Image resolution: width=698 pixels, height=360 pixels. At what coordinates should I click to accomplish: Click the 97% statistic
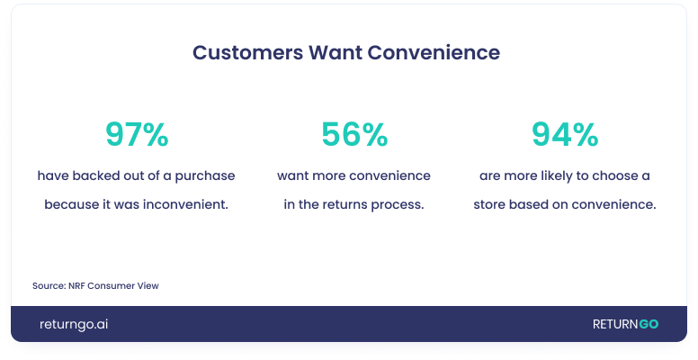pyautogui.click(x=136, y=135)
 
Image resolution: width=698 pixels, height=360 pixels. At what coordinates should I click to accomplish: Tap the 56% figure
pyautogui.click(x=353, y=135)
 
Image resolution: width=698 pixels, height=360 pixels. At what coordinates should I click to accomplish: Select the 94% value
pyautogui.click(x=564, y=135)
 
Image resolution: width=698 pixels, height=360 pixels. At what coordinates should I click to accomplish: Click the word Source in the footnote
pyautogui.click(x=46, y=285)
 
